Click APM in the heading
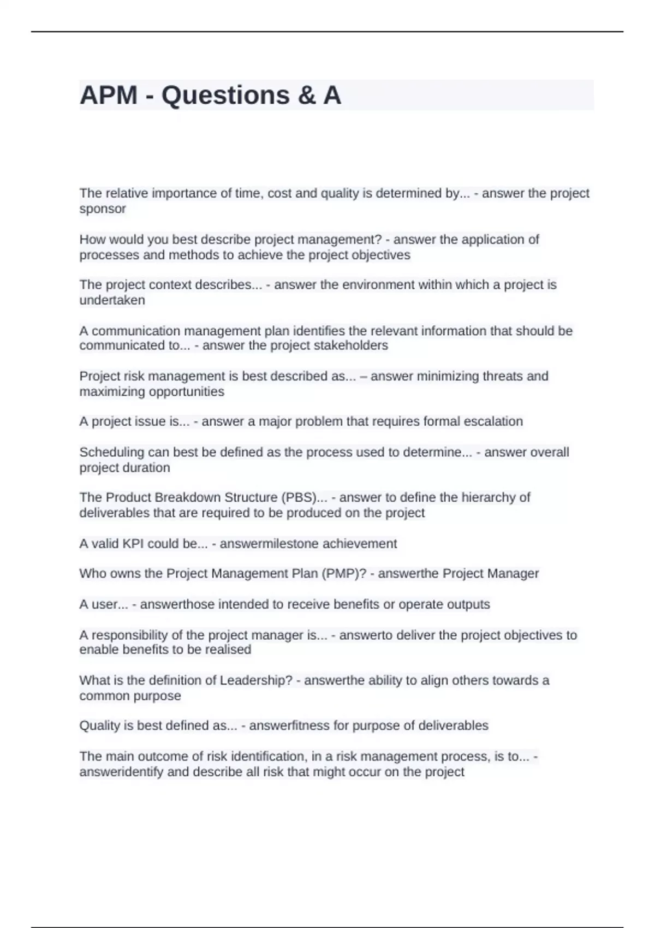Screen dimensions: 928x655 coord(109,96)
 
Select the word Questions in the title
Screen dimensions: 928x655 coord(225,96)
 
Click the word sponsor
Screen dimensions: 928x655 coord(103,209)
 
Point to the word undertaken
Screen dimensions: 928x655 coord(112,300)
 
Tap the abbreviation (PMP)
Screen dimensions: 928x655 coord(344,574)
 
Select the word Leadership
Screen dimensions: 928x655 coord(256,681)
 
